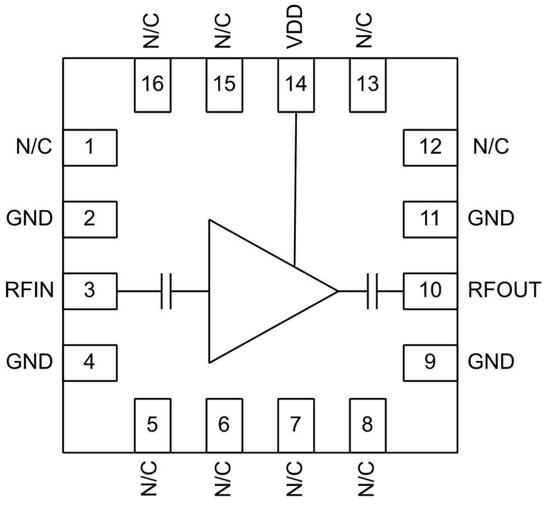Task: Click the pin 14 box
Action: click(295, 84)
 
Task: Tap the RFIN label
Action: click(30, 290)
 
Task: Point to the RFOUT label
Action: click(504, 290)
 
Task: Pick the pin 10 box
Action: click(430, 290)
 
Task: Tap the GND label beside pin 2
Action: click(30, 218)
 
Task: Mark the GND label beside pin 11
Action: click(491, 218)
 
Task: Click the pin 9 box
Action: click(430, 362)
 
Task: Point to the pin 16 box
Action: click(152, 84)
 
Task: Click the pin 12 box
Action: click(430, 147)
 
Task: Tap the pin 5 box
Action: click(152, 425)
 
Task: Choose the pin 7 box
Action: click(295, 425)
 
